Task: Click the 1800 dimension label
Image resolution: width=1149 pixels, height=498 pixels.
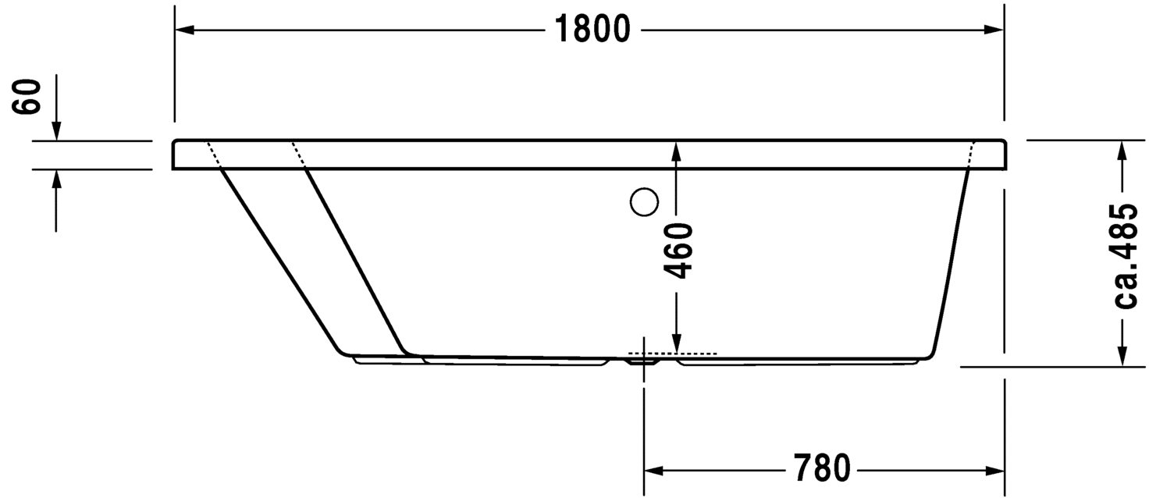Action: click(592, 30)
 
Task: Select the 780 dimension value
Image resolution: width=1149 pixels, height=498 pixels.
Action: click(821, 469)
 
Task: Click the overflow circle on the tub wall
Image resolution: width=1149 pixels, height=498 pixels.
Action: click(645, 203)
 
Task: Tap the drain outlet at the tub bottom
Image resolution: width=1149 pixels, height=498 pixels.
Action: click(644, 361)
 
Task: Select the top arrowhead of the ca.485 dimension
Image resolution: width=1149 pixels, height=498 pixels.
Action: click(1122, 149)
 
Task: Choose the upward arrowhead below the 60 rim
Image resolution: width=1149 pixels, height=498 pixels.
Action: click(56, 179)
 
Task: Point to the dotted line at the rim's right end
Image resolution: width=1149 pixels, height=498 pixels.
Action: click(971, 155)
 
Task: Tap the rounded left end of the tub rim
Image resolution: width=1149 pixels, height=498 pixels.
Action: click(174, 155)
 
